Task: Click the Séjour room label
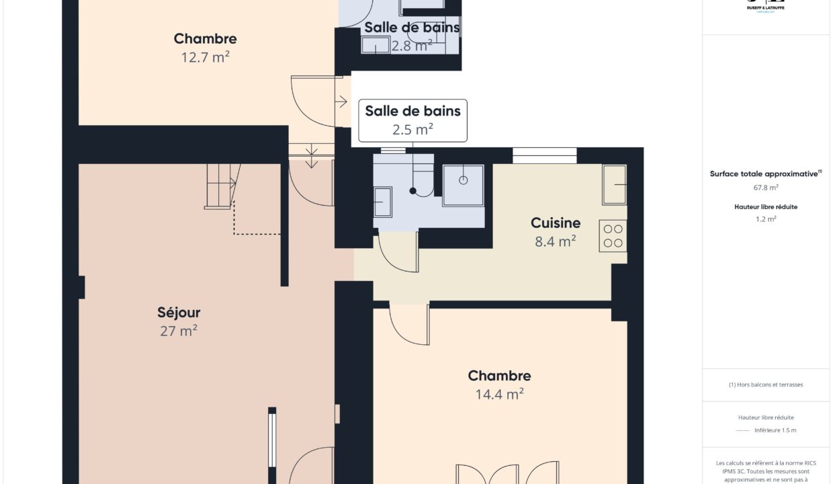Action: click(x=179, y=313)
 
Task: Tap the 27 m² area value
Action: click(x=179, y=331)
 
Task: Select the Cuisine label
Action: click(x=555, y=223)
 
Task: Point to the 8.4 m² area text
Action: click(x=555, y=241)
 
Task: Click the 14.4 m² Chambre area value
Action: click(x=499, y=395)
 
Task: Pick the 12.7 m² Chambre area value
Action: click(x=205, y=57)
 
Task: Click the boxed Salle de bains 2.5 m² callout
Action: click(x=412, y=120)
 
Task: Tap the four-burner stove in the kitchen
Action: click(x=613, y=236)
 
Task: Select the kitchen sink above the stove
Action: click(x=614, y=184)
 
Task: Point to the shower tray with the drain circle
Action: click(x=463, y=185)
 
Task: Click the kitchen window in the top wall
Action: click(x=544, y=155)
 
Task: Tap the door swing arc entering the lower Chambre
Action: click(x=409, y=325)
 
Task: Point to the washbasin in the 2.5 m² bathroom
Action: click(x=383, y=202)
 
